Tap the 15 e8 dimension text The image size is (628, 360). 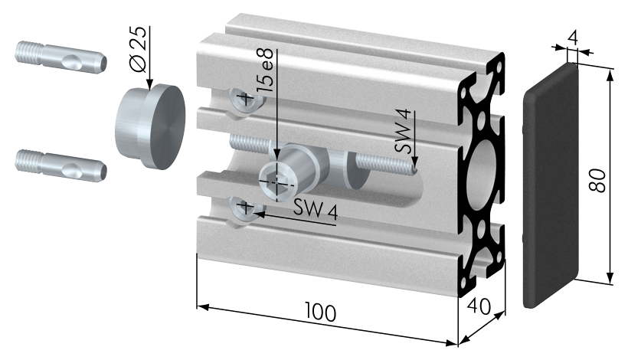265,70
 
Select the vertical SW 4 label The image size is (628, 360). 403,131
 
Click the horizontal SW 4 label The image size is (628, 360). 316,208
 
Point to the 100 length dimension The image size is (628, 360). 320,311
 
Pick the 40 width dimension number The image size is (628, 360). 478,306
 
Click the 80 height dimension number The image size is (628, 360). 597,181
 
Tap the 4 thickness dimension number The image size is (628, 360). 573,38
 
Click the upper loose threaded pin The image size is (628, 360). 61,57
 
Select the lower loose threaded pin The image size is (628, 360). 61,165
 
